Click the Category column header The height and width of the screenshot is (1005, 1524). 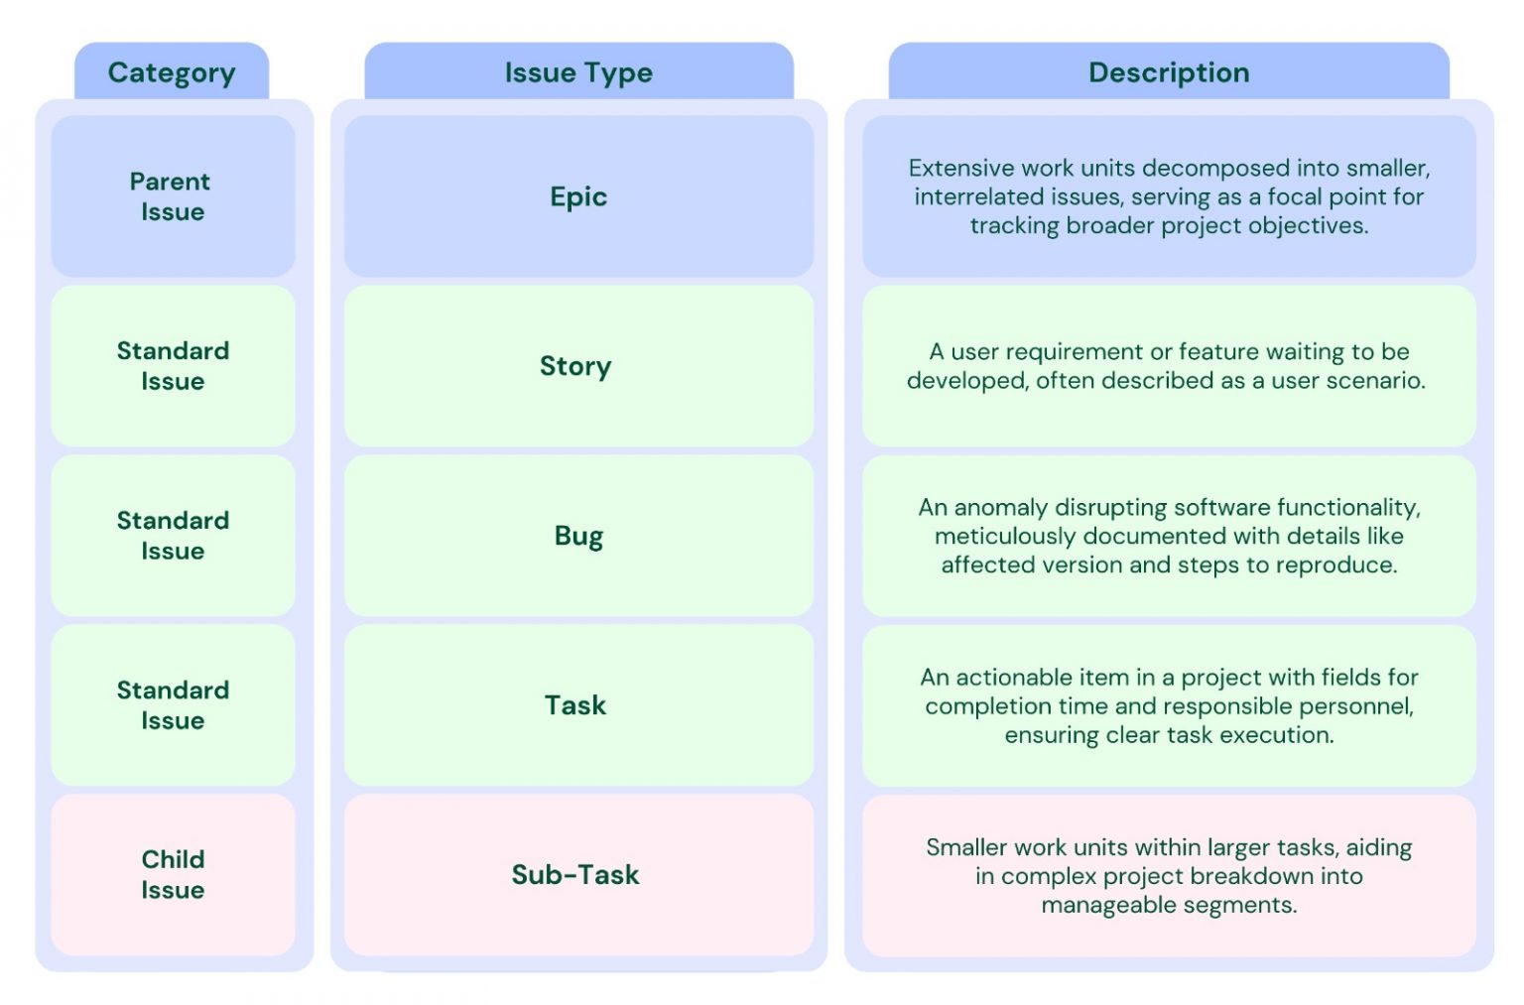pos(172,72)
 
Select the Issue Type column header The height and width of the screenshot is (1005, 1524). pos(578,72)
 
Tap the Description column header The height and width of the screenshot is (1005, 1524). pos(1168,72)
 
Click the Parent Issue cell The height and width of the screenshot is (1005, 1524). pos(172,196)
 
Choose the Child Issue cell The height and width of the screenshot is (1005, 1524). pos(173,874)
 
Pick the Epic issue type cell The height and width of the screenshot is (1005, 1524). pos(578,196)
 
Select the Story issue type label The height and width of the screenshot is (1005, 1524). pos(575,366)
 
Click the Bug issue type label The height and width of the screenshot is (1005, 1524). pos(578,536)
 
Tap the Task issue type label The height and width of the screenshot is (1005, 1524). pos(575,705)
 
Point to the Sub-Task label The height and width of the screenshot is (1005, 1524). pos(575,874)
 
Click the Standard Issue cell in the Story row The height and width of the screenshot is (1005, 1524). pos(173,366)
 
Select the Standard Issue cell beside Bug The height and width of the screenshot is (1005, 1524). pos(173,536)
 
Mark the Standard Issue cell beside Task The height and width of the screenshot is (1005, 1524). pos(173,705)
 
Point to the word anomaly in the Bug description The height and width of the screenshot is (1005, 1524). pos(1000,508)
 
